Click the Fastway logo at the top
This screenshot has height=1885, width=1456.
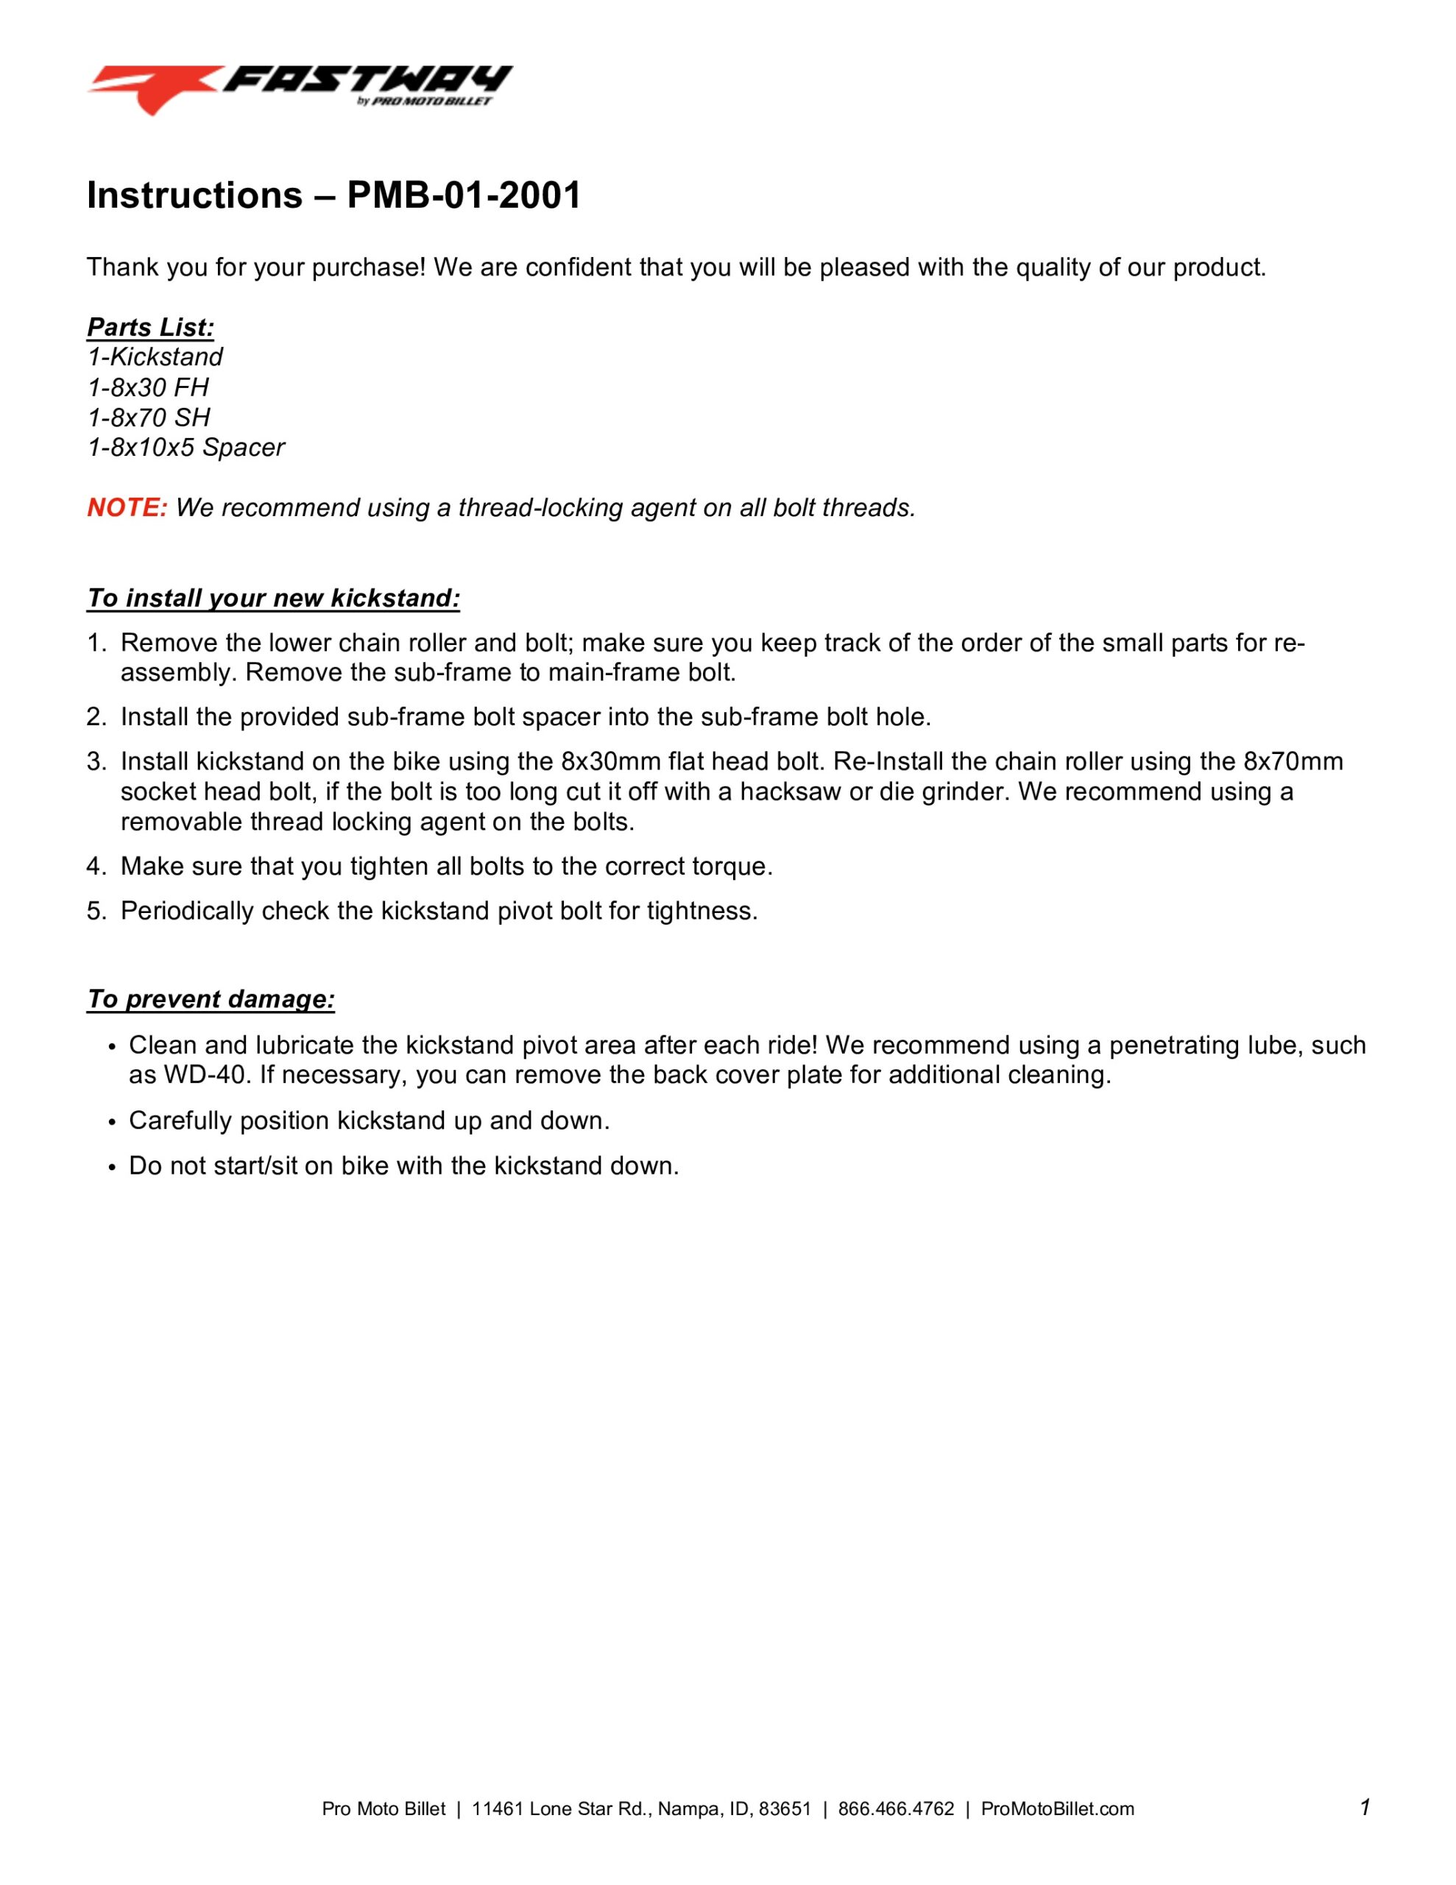click(299, 88)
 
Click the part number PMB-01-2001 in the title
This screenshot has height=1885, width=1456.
click(464, 195)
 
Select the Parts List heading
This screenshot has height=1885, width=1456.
click(150, 327)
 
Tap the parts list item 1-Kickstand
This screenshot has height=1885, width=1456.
click(155, 357)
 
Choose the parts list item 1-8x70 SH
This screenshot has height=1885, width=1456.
click(149, 417)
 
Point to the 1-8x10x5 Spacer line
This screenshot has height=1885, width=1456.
click(185, 448)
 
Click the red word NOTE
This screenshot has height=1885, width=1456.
click(127, 507)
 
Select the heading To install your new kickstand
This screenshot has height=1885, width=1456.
click(273, 598)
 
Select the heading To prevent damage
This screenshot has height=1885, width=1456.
click(211, 998)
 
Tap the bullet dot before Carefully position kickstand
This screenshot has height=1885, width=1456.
click(111, 1122)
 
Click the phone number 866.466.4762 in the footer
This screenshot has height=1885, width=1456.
click(896, 1809)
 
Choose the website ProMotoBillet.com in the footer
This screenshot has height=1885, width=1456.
click(1057, 1809)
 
